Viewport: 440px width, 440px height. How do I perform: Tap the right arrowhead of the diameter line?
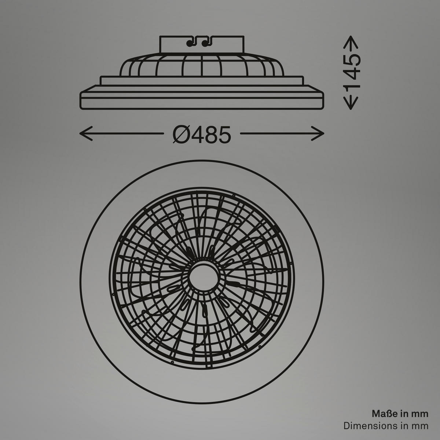(x=321, y=133)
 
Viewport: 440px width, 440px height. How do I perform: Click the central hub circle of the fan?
(x=202, y=274)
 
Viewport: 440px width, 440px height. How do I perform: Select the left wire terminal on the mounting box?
(x=190, y=44)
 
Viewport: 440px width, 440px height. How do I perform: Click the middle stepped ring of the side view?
(x=202, y=80)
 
